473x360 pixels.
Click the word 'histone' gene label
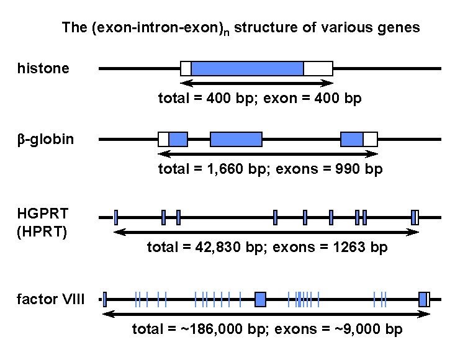[43, 68]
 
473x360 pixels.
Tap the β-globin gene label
[45, 138]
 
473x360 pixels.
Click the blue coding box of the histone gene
[247, 68]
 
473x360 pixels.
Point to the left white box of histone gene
[186, 68]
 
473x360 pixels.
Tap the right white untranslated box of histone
[318, 68]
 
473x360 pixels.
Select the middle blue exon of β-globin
[236, 139]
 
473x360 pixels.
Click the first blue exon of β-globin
[178, 139]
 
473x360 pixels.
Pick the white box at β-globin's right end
[370, 139]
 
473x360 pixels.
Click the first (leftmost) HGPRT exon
[116, 217]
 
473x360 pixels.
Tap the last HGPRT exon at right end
[414, 217]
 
